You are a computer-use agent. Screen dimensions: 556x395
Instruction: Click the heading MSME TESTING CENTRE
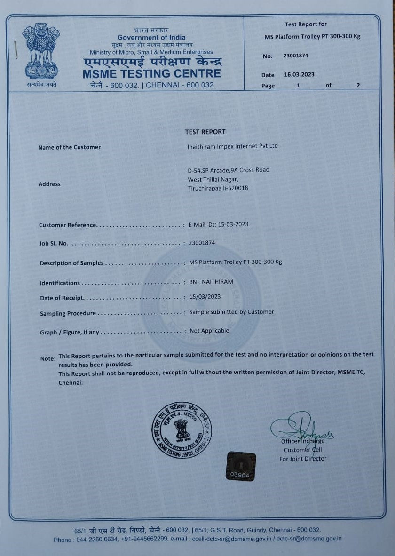pos(151,74)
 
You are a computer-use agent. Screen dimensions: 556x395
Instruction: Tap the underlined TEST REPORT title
pos(205,132)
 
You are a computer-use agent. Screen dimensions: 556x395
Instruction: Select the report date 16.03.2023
pos(299,74)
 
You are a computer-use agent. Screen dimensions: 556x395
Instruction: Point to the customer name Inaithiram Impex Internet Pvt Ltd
pos(232,146)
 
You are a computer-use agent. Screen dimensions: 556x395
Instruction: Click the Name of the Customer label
pos(69,147)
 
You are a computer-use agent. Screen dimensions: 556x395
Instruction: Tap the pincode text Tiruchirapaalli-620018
pos(218,188)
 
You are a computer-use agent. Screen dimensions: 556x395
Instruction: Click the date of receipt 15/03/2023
pos(205,297)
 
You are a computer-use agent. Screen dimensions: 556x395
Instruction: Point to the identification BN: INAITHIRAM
pos(211,282)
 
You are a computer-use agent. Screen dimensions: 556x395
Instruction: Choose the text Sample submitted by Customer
pos(231,312)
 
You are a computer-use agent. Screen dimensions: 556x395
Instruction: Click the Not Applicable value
pos(209,331)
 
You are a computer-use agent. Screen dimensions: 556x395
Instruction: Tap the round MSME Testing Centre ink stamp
pos(182,430)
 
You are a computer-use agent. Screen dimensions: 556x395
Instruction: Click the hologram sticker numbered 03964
pos(241,467)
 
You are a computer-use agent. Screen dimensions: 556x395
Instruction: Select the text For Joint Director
pos(303,459)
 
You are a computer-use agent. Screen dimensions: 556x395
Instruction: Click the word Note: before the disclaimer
pos(48,358)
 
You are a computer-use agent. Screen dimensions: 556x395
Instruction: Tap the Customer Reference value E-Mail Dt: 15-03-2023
pos(218,224)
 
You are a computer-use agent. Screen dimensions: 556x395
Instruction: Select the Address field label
pos(49,184)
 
